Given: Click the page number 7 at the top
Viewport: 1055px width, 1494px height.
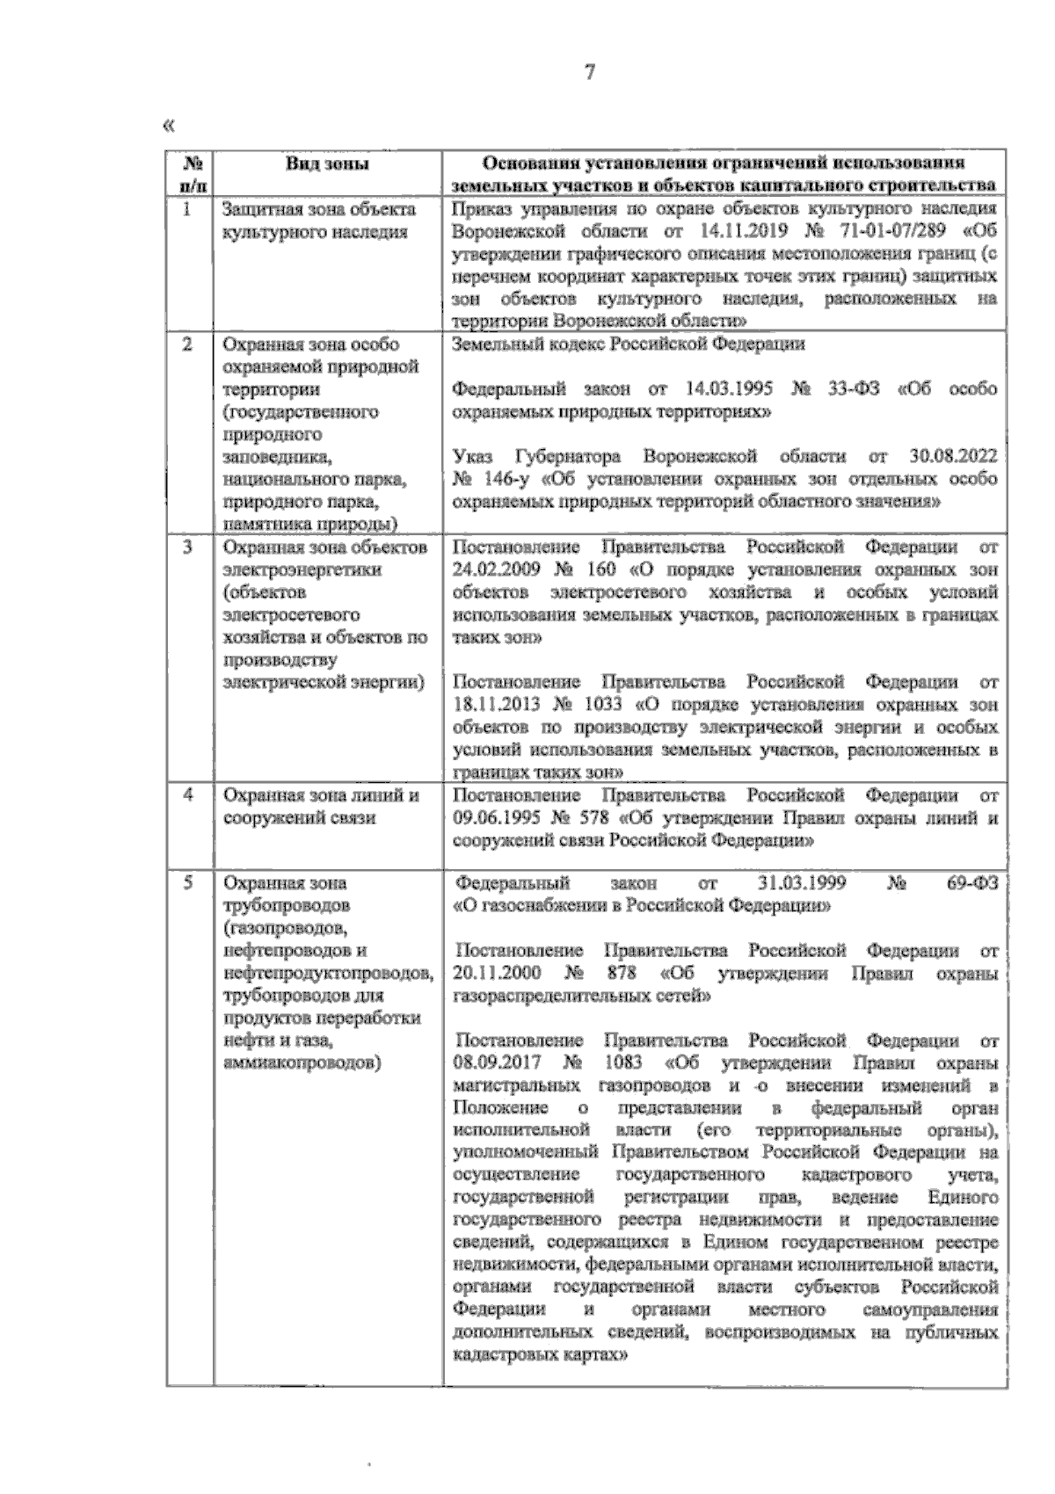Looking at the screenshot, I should (589, 73).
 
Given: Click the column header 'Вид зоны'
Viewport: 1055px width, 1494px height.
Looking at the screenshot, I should (326, 163).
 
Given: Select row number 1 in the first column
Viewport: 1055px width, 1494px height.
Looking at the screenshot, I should (187, 209).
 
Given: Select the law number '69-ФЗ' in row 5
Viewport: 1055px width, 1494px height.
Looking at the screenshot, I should (973, 882).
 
